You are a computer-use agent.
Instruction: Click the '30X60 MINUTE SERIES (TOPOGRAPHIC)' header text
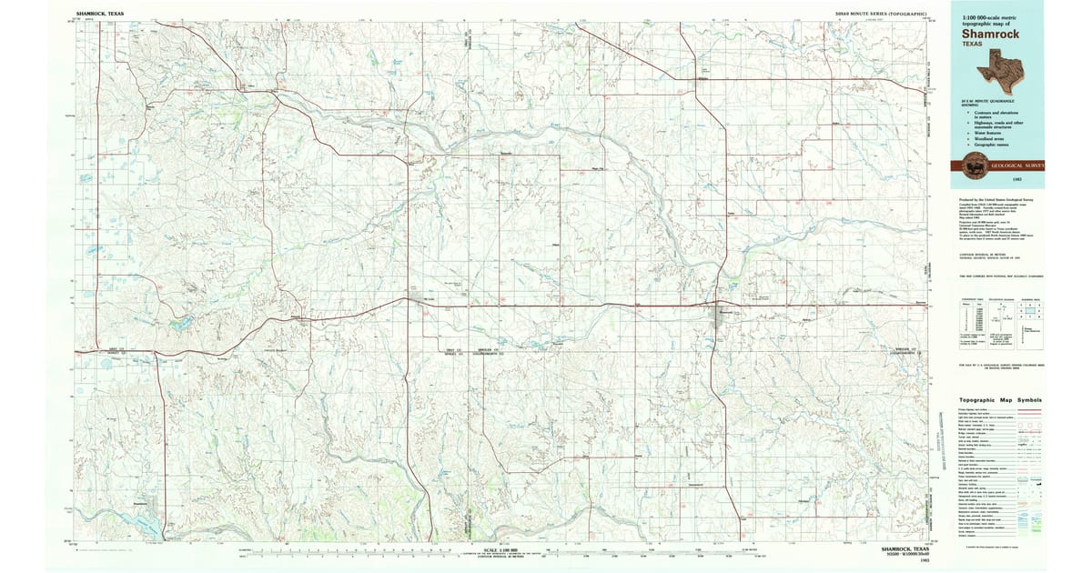click(880, 15)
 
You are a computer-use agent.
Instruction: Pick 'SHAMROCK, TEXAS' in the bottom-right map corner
click(905, 550)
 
